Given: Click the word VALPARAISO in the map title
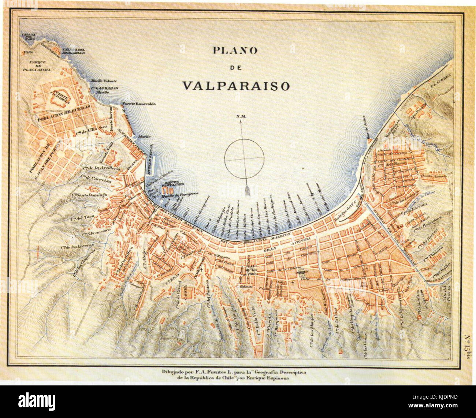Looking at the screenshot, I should (x=236, y=85).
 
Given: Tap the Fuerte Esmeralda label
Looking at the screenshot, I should (x=139, y=104).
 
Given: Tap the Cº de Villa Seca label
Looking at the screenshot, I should (x=90, y=133).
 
